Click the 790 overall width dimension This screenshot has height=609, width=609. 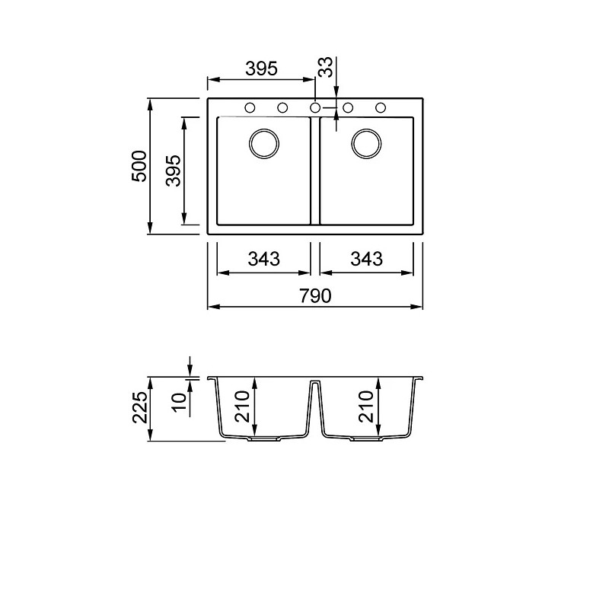point(315,296)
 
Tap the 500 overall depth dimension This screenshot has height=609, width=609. point(139,166)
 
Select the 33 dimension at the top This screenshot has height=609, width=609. point(326,67)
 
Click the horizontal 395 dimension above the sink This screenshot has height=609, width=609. point(261,69)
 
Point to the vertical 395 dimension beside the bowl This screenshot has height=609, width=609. point(174,171)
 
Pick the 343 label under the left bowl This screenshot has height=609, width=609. point(263,259)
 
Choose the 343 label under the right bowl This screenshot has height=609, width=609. point(366,259)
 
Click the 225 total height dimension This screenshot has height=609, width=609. point(140,407)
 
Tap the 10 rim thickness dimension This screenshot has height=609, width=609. point(180,402)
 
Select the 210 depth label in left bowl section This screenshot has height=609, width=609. point(242,407)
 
